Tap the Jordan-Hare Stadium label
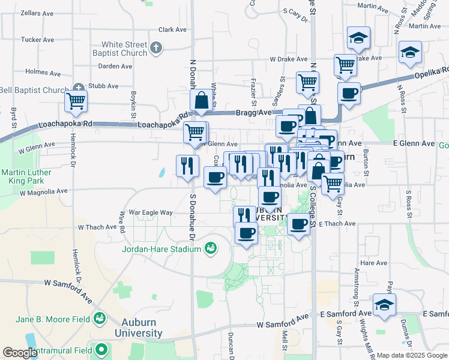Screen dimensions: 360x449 point(161,248)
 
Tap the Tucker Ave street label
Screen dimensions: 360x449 point(35,39)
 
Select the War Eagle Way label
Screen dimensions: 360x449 point(150,212)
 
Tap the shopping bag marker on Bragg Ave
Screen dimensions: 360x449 point(202,101)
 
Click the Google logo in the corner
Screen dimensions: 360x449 point(20,353)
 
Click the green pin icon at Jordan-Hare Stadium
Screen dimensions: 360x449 point(211,248)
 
